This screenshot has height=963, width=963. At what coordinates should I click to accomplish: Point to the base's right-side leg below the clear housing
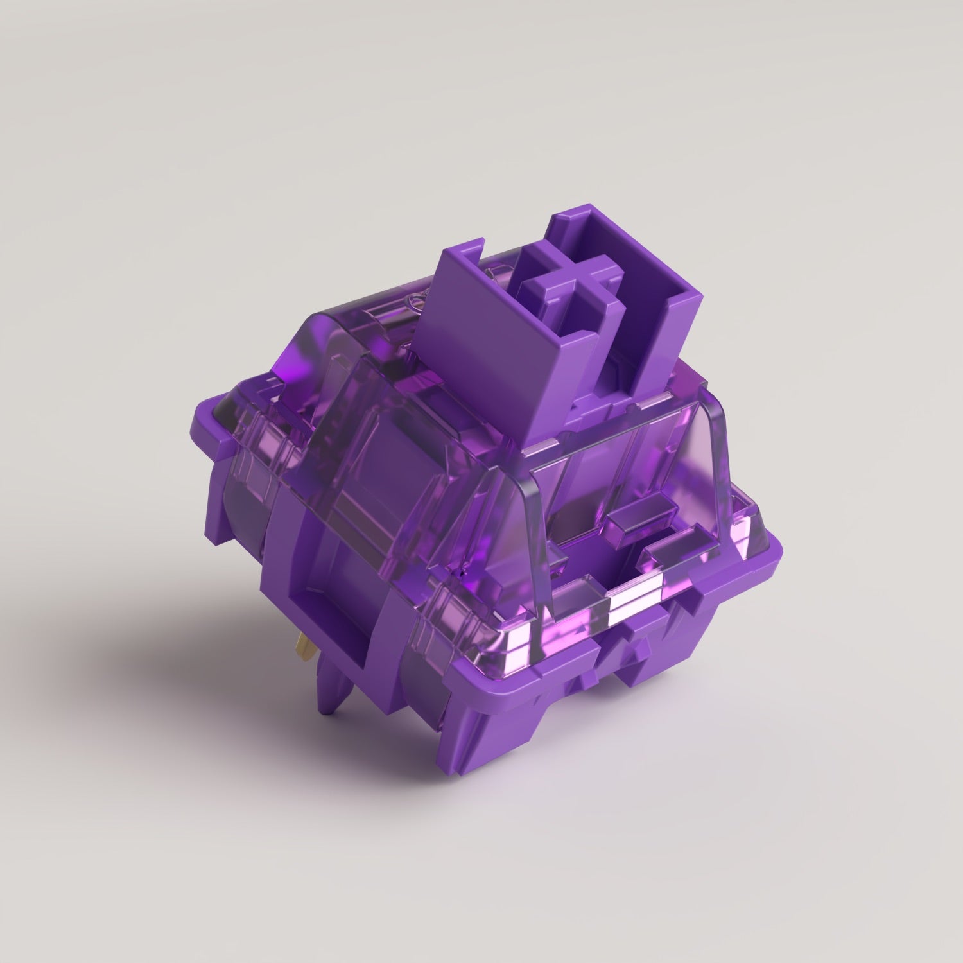(725, 616)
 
